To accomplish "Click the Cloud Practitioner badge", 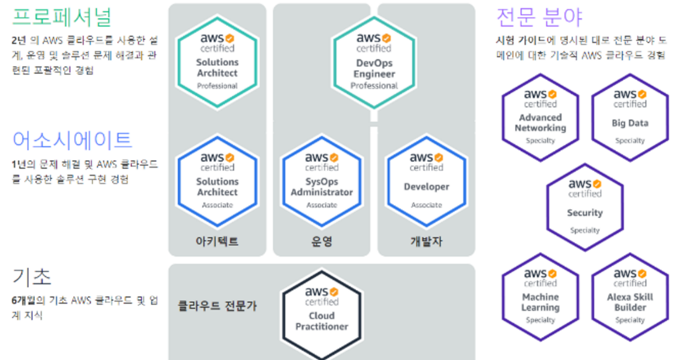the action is point(321,310).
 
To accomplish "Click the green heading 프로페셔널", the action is point(62,17).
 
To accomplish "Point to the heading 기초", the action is point(32,277).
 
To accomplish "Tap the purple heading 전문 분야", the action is point(539,17).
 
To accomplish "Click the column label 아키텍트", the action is point(217,241).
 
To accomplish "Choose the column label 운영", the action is point(321,241).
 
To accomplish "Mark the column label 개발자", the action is point(426,241).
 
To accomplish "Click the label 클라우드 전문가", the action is point(217,306).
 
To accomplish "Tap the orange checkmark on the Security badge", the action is point(597,185).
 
